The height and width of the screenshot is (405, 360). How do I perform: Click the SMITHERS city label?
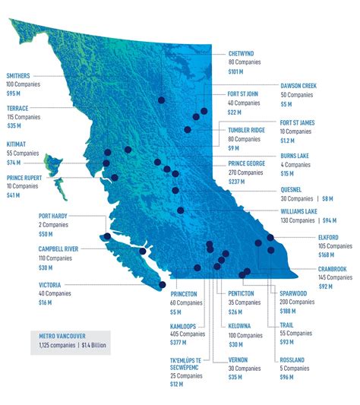click(20, 76)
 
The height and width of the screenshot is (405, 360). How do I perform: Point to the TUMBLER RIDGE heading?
click(246, 130)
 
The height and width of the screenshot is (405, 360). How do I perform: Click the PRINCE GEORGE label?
click(248, 163)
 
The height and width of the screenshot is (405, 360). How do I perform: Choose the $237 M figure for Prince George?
click(237, 182)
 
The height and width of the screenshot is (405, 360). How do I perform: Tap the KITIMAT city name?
click(15, 143)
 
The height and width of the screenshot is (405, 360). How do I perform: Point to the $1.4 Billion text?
click(90, 346)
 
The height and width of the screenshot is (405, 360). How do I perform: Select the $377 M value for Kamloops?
click(180, 343)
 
